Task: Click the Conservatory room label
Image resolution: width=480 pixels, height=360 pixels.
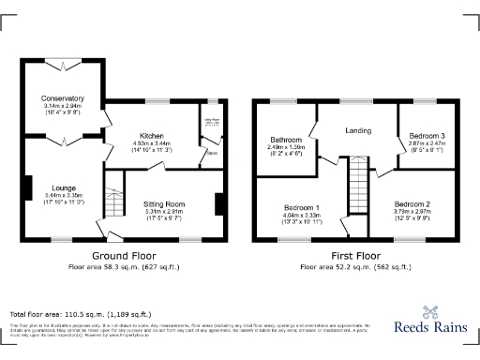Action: (63, 98)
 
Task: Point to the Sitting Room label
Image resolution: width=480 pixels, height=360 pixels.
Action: (164, 203)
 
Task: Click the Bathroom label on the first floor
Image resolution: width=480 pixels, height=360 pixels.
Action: (286, 140)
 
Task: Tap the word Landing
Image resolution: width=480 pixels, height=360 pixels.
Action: (358, 130)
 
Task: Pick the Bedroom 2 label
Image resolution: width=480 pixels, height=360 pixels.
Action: (412, 203)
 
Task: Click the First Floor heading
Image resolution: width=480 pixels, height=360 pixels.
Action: (355, 255)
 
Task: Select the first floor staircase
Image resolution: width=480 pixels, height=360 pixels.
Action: (356, 187)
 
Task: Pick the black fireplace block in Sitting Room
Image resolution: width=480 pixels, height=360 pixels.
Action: (219, 203)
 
